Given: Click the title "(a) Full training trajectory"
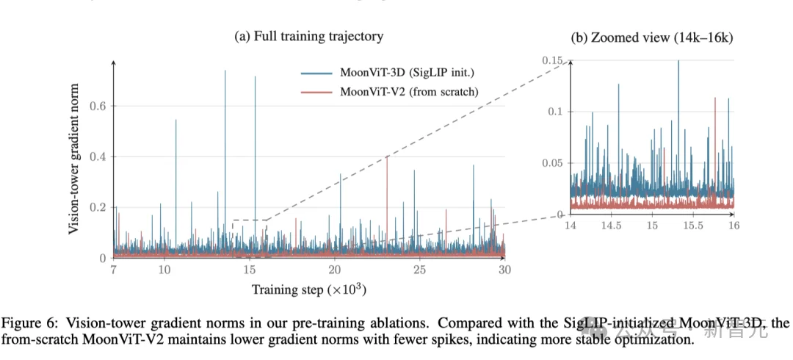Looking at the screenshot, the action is coord(308,37).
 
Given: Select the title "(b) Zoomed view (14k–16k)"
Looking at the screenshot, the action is coord(652,37).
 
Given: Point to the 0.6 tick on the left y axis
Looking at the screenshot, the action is coord(98,106).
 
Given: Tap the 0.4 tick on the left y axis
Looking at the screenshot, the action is coord(98,156).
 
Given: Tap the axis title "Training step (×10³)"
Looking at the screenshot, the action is coord(309,290).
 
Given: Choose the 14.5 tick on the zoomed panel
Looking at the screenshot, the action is coord(611,226).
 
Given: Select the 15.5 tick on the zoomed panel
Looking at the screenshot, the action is coord(692,226).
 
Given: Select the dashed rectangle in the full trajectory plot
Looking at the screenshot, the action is coord(250,220).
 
